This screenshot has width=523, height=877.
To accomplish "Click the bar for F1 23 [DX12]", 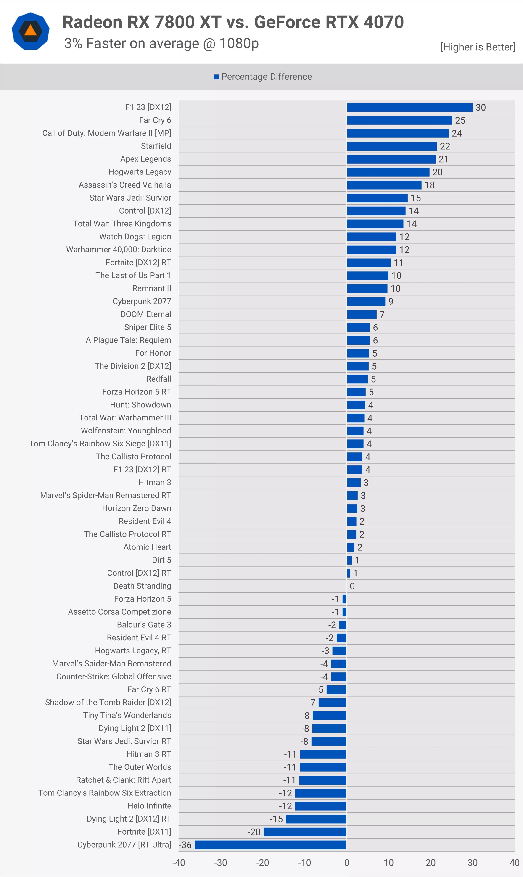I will tap(409, 108).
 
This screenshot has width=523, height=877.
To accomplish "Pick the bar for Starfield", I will tap(392, 146).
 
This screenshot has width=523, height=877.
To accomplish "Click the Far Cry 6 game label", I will tap(155, 120).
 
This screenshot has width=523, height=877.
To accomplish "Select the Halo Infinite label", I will tap(149, 806).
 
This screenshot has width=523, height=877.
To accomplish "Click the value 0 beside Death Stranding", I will tap(352, 586).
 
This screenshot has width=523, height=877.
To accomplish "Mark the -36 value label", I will tap(185, 845).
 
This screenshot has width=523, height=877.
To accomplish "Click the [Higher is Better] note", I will tap(478, 47).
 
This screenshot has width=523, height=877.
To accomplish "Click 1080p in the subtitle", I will tap(239, 43).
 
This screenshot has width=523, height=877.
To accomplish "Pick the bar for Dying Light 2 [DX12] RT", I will tap(316, 819).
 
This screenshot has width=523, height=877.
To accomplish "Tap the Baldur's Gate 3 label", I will tap(144, 624).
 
